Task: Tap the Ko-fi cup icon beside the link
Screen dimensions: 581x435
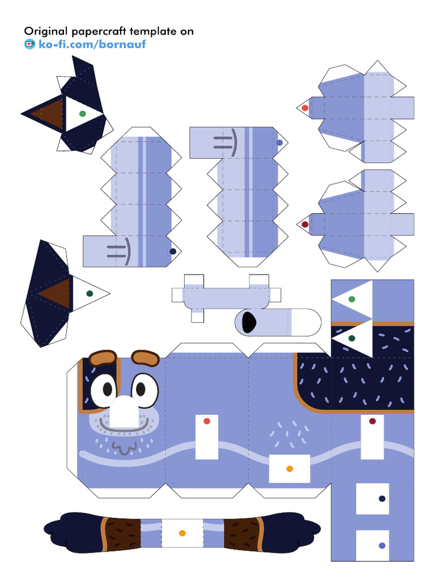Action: pyautogui.click(x=29, y=44)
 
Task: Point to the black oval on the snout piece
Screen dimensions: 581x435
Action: pyautogui.click(x=248, y=322)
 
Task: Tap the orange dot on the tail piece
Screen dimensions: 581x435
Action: pyautogui.click(x=182, y=533)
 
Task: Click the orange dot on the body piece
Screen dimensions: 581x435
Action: pyautogui.click(x=289, y=469)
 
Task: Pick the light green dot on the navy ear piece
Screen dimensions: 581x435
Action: pyautogui.click(x=83, y=113)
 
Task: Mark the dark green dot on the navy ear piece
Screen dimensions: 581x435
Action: pyautogui.click(x=89, y=293)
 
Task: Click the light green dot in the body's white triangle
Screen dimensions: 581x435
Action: pyautogui.click(x=352, y=299)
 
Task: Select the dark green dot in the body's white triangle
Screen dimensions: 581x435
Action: pyautogui.click(x=352, y=338)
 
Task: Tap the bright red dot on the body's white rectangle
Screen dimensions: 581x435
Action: pyautogui.click(x=207, y=422)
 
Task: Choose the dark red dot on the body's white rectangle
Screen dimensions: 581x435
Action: pyautogui.click(x=372, y=421)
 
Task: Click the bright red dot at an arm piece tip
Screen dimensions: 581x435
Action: pyautogui.click(x=305, y=108)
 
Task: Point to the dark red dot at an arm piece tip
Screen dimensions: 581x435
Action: pyautogui.click(x=305, y=224)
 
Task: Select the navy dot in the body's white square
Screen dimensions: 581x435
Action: pyautogui.click(x=382, y=499)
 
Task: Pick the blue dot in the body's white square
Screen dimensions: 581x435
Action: pyautogui.click(x=382, y=545)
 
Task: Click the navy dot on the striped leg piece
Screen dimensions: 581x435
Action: pyautogui.click(x=173, y=251)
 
